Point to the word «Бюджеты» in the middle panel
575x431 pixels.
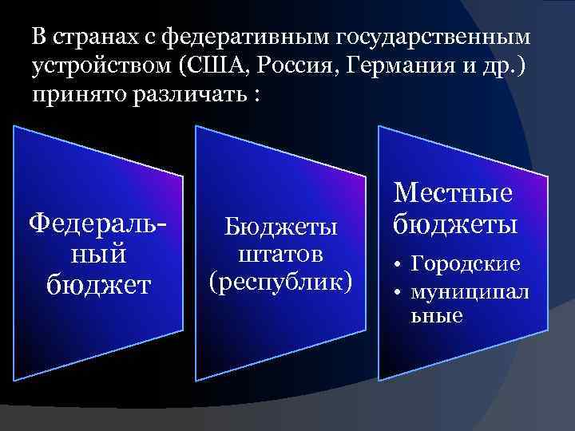click(x=280, y=229)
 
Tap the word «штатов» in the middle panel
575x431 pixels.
click(x=280, y=255)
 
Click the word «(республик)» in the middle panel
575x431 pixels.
click(x=280, y=281)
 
